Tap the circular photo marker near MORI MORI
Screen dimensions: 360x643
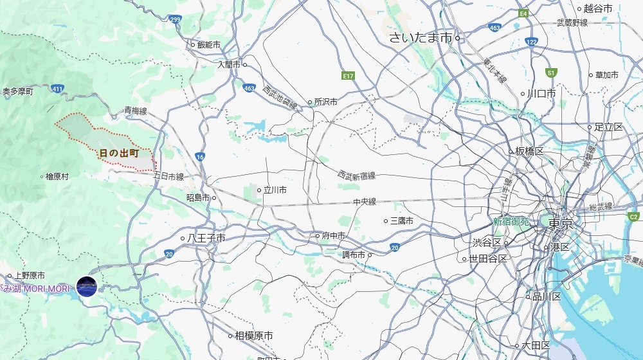(x=87, y=286)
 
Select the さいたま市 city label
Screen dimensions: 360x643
(x=421, y=38)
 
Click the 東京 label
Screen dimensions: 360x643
(x=561, y=224)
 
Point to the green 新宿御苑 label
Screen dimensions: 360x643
(x=511, y=221)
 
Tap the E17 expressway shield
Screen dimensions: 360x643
(x=349, y=76)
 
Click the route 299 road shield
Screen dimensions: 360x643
(x=176, y=20)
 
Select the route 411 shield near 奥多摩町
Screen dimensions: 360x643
(x=58, y=89)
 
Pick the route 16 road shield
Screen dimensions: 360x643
(x=201, y=156)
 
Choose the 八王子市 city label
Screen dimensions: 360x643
(x=206, y=238)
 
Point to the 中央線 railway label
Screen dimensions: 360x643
(x=364, y=202)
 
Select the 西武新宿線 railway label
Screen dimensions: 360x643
(x=357, y=175)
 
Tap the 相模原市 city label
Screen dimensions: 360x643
(x=253, y=336)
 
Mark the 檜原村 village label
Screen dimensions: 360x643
(x=57, y=176)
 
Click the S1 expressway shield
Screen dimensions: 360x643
(x=550, y=73)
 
